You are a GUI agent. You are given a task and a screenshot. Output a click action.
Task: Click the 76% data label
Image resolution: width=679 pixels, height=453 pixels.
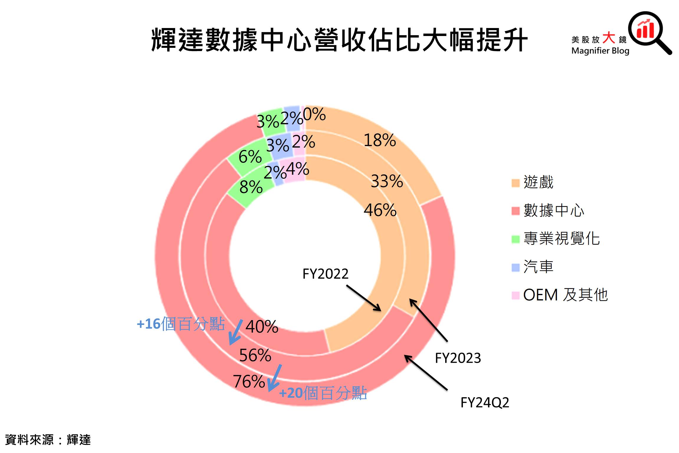[x=249, y=381]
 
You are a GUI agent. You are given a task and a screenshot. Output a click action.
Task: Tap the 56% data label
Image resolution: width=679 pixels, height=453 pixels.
[x=255, y=355]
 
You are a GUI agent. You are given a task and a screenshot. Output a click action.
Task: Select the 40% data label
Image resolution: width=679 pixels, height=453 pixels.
[x=262, y=327]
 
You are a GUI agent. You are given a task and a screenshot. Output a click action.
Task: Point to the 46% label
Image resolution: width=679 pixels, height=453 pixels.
[x=380, y=210]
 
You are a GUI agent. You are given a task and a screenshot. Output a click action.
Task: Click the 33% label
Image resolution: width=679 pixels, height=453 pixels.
[x=387, y=181]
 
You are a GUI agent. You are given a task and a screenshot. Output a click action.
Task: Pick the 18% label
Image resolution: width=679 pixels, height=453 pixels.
[x=380, y=140]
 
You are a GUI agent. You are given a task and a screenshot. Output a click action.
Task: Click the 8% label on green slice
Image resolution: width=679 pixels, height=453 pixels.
[x=251, y=187]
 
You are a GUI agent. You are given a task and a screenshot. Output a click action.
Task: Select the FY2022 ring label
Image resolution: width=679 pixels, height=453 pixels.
[x=325, y=274]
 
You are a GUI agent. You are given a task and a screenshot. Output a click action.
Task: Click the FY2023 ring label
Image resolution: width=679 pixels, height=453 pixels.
[x=458, y=358]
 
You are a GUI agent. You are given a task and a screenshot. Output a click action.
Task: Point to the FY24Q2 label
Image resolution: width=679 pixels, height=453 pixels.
[x=485, y=403]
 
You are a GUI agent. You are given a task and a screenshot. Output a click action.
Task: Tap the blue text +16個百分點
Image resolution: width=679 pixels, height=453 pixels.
[x=181, y=324]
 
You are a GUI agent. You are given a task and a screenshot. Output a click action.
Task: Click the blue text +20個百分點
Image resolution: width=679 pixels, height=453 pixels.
[x=323, y=393]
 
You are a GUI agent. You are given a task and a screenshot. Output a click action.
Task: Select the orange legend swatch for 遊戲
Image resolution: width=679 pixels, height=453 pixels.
[x=515, y=183]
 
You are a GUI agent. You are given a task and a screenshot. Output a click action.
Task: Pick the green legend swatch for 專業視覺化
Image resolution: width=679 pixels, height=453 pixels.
[x=515, y=239]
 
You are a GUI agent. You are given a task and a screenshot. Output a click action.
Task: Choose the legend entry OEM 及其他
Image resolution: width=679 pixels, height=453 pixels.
[x=565, y=295]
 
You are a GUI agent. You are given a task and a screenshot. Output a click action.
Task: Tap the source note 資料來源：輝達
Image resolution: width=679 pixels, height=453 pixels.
[x=48, y=440]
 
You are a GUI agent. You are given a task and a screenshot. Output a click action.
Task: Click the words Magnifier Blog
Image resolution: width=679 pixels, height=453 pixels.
[x=600, y=51]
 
